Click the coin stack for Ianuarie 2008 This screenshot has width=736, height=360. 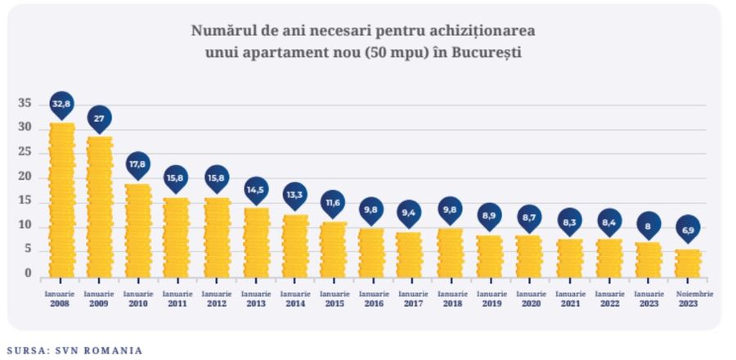tap(61, 200)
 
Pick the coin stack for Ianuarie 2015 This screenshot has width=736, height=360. tap(332, 250)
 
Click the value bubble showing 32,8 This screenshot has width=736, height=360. tap(61, 104)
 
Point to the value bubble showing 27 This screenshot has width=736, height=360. tap(99, 119)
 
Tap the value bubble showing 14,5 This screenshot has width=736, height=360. tap(256, 190)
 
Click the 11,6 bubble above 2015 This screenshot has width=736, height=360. tap(332, 201)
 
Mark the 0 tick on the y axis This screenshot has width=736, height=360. tap(28, 274)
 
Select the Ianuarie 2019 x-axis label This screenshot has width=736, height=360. tap(490, 299)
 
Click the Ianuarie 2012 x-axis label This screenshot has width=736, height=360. tap(216, 299)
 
